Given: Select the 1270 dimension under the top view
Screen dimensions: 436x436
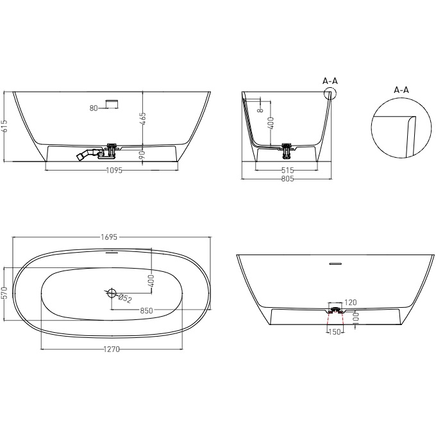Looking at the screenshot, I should pos(112,349).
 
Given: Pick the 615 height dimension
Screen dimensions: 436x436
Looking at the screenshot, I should pos(5,126).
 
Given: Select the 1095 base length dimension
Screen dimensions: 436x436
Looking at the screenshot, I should pos(113,171).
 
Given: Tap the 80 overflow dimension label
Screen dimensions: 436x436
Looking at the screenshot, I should pos(94,108).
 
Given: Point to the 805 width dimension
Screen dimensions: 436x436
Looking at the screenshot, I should pos(287,179).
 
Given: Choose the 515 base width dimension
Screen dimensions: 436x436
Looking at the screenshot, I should pos(287,171).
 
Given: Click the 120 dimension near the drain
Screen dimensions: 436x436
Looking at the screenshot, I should pos(351,302).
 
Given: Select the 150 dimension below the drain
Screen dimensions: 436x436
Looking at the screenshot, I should pos(334,332).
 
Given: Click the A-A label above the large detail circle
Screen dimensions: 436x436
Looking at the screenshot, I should pos(401,90).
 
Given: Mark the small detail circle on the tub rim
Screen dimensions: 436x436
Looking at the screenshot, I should pos(330,94).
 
